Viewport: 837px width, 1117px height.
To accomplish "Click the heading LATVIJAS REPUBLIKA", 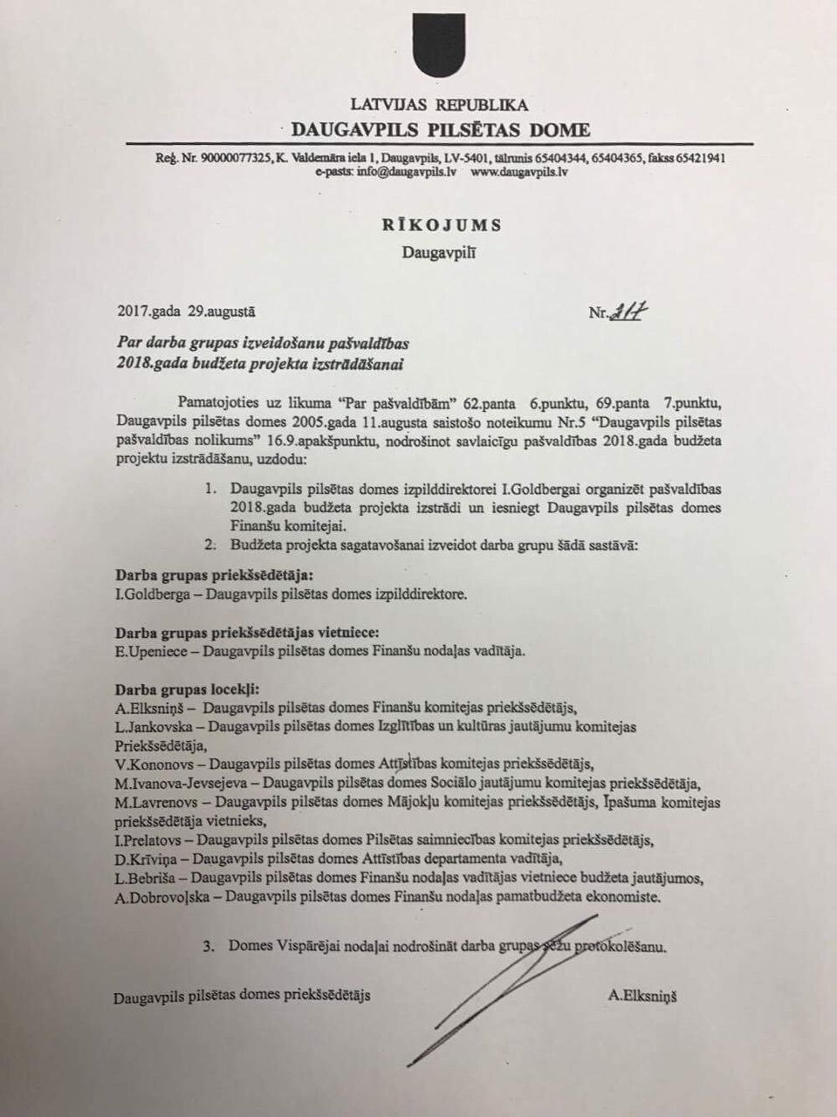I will [439, 106].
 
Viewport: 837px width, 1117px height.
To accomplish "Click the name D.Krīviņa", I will [142, 859].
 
